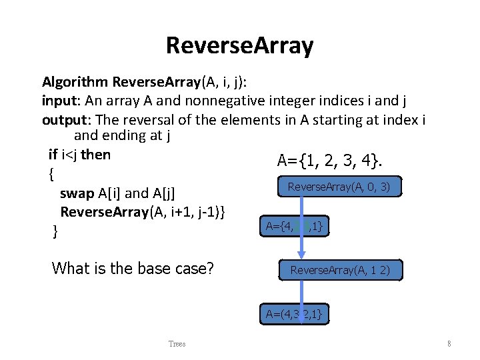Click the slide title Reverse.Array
click(239, 46)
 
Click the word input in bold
click(58, 101)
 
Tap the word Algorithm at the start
click(75, 82)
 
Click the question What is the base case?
click(133, 269)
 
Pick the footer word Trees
click(177, 344)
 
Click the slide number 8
click(449, 344)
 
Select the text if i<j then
click(80, 155)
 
